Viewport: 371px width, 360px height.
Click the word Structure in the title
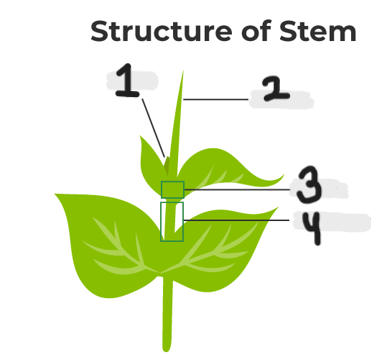click(x=161, y=31)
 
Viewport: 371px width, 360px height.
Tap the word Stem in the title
click(x=318, y=31)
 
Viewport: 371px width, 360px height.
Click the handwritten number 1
click(x=127, y=80)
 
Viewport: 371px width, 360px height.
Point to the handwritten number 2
click(x=276, y=89)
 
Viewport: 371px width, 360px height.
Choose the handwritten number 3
click(x=309, y=185)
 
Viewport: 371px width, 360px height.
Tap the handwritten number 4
click(x=311, y=229)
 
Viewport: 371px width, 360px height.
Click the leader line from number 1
click(x=153, y=128)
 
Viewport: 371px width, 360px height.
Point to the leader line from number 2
click(x=216, y=99)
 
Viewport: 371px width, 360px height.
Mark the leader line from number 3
click(x=237, y=190)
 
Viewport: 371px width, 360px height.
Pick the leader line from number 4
click(x=236, y=220)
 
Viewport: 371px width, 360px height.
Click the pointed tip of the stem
click(x=183, y=71)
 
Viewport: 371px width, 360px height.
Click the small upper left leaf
click(x=152, y=163)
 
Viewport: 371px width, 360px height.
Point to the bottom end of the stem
click(x=166, y=350)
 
